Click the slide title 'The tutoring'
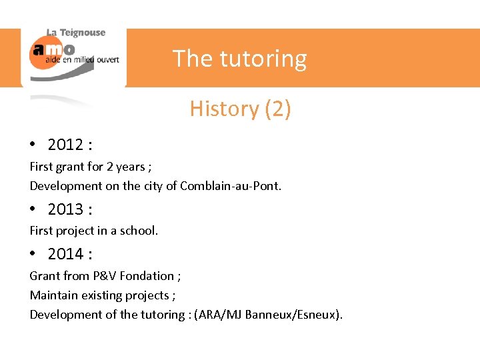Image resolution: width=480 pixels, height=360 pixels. click(x=240, y=59)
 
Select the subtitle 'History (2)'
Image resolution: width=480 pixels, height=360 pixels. click(x=240, y=108)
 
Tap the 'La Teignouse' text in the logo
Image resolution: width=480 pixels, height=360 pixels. click(x=76, y=33)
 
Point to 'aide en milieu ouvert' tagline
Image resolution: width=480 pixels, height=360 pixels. click(x=82, y=59)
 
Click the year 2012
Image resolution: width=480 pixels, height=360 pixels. click(x=65, y=145)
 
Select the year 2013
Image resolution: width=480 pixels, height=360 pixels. click(x=65, y=209)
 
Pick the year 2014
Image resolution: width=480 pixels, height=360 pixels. click(x=65, y=254)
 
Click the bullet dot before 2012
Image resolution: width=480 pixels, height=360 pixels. click(x=32, y=145)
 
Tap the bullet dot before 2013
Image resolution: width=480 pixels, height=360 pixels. click(x=32, y=209)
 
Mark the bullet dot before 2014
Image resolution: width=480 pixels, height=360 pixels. click(x=32, y=254)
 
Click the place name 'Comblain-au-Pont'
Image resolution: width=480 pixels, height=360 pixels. click(x=229, y=186)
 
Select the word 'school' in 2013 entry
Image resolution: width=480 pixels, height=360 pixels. click(x=137, y=231)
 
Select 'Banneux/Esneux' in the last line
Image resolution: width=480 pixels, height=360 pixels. click(x=292, y=314)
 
